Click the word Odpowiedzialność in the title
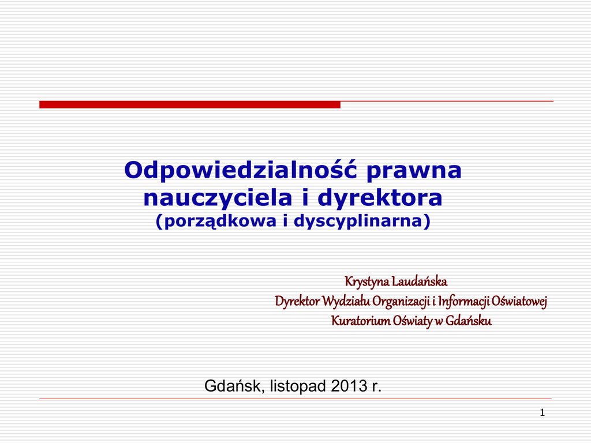point(241,170)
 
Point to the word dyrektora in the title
point(380,198)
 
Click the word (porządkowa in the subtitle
point(216,221)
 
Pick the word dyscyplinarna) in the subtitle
point(362,221)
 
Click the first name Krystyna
point(366,281)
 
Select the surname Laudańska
point(420,281)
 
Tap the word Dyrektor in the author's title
point(297,301)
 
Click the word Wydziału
point(346,301)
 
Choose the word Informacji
point(463,302)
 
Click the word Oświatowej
point(519,302)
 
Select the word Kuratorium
point(361,321)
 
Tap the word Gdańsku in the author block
point(469,321)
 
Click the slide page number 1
point(543,413)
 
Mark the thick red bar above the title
point(190,104)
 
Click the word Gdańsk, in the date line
point(235,386)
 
